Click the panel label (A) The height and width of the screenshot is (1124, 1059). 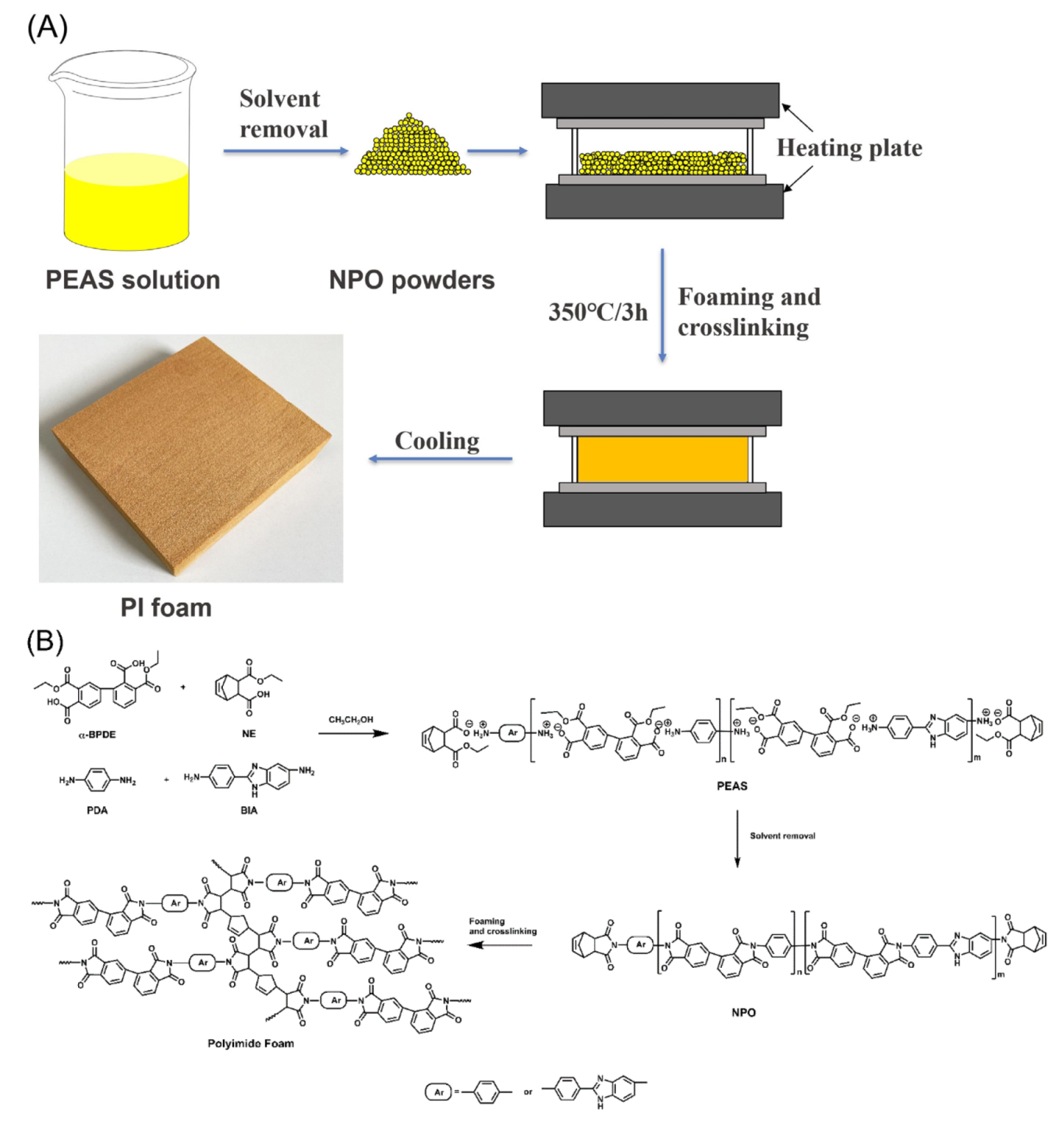point(47,28)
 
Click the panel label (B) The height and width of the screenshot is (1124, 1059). point(45,641)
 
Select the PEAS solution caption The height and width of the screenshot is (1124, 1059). point(132,280)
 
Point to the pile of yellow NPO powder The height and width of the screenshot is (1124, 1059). point(410,149)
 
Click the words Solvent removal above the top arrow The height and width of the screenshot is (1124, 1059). point(283,114)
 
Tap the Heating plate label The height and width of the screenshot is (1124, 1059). point(849,148)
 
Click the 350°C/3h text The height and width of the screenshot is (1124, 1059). point(597,312)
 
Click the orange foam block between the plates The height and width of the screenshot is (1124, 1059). point(662,459)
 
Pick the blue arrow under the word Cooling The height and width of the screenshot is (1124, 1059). point(440,459)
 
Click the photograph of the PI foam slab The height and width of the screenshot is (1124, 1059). point(190,457)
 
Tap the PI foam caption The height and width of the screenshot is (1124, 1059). point(166,607)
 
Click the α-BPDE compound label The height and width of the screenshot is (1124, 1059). point(97,734)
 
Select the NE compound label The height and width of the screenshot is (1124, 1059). point(249,734)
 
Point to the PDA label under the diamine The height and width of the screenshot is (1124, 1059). point(97,810)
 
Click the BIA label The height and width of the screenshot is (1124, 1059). point(249,810)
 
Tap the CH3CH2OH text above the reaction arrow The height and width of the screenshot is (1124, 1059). point(350,720)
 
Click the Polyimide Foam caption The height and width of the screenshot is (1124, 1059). point(251,1043)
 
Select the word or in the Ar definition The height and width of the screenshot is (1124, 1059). point(527,1092)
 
